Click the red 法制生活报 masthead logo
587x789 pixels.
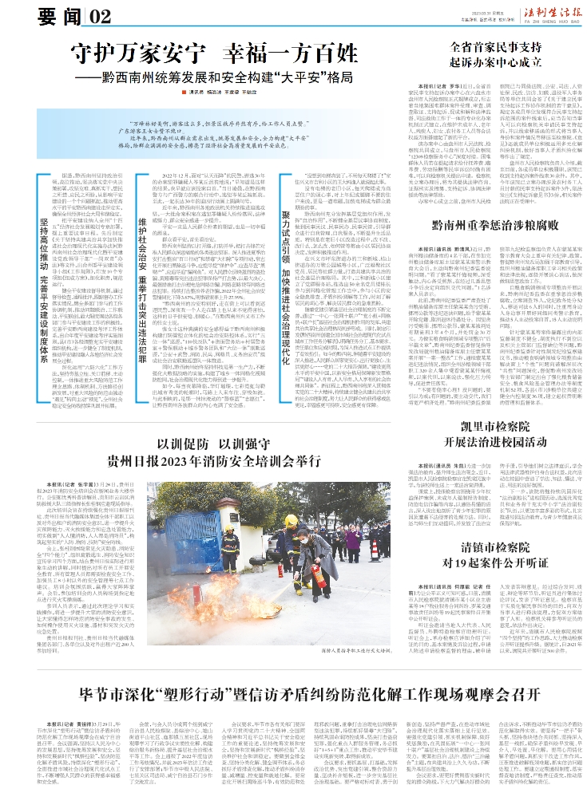coord(534,13)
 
